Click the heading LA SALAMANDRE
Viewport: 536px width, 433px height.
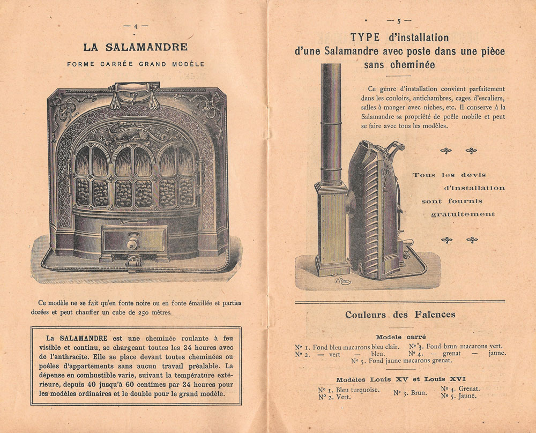click(135, 47)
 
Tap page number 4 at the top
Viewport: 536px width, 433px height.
click(136, 26)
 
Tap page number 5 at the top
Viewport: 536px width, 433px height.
click(399, 21)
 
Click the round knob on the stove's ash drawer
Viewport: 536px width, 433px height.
click(132, 244)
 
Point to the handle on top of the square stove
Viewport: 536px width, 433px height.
click(133, 88)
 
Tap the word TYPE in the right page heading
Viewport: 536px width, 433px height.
click(366, 38)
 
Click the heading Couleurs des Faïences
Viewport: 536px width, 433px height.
click(400, 315)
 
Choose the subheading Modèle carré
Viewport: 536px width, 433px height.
click(399, 337)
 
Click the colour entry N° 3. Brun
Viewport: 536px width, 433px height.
click(411, 393)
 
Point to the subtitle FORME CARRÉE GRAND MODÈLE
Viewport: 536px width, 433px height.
click(136, 64)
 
